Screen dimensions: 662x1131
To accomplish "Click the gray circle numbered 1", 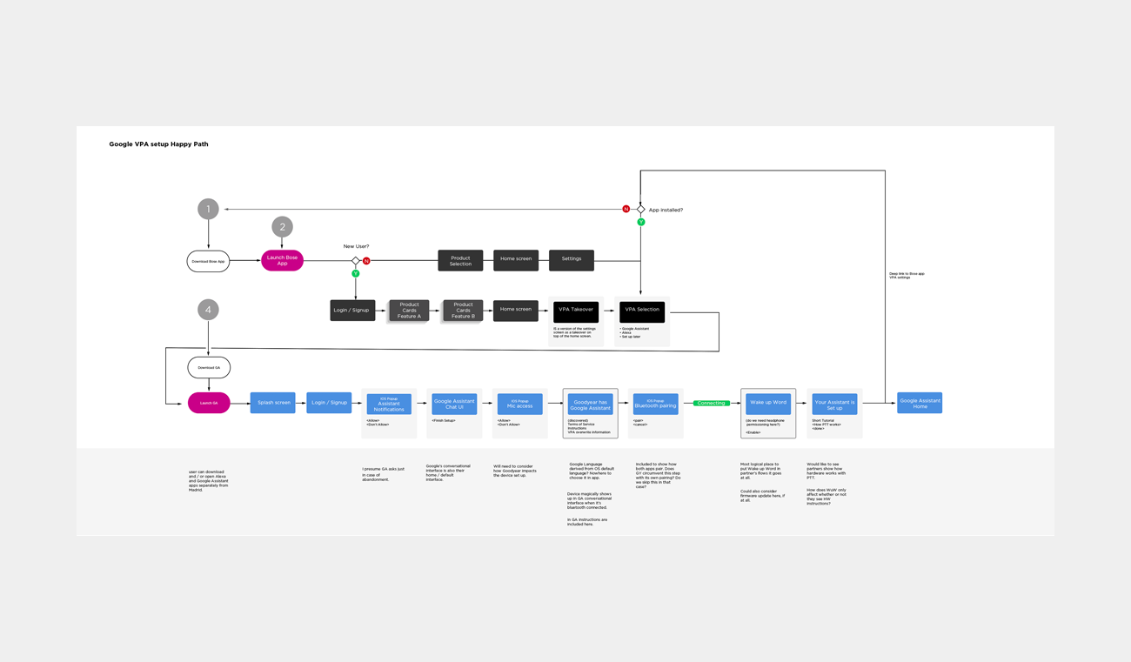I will pos(208,209).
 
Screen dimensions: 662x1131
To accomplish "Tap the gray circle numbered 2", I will pos(282,227).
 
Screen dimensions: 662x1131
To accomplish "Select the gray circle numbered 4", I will pos(208,310).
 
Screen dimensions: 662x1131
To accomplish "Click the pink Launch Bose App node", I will pos(282,260).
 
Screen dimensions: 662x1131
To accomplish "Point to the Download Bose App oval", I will pos(209,261).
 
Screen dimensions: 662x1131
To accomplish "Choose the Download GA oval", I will pos(209,367).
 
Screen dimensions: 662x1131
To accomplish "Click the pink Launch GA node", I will pos(209,403).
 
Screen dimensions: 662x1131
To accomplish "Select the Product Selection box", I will pos(460,260).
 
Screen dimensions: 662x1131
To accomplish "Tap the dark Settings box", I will pos(571,259).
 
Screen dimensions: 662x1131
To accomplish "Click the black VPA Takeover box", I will pos(576,310).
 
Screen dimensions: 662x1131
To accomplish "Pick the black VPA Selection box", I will pos(642,310).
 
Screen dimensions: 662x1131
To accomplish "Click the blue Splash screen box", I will pos(272,403).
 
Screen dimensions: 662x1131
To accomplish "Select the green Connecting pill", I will pos(712,403).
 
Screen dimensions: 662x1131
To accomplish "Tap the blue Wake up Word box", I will pos(768,403).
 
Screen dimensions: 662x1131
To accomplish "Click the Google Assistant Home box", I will pos(920,403).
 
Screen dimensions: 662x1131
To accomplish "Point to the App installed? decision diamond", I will pos(641,210).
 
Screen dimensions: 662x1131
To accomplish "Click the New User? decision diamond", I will pos(355,261).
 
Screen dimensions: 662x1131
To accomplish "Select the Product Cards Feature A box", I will pos(409,310).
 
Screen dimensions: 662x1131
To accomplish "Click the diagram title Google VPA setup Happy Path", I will pos(158,144).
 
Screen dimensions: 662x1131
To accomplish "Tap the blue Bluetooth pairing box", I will pos(655,404).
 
